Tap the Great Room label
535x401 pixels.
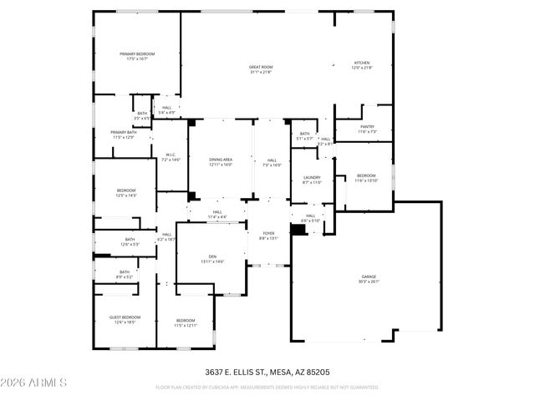(x=261, y=69)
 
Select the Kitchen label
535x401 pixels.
(x=361, y=64)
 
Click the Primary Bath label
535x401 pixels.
(x=124, y=134)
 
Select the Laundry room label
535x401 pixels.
(x=312, y=179)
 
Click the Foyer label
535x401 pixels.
(x=268, y=236)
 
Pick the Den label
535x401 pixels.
(x=211, y=259)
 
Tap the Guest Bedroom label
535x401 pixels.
(x=125, y=319)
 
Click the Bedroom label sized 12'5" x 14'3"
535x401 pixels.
(x=125, y=192)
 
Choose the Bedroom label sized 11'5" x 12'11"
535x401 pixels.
(x=186, y=322)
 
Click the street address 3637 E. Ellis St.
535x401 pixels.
(x=267, y=371)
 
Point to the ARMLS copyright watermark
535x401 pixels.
(x=33, y=383)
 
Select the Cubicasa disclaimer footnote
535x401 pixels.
(x=267, y=387)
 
